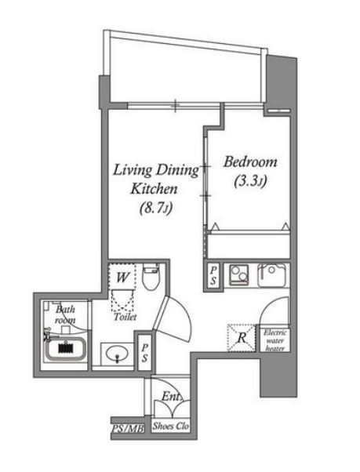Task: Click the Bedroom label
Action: (250, 162)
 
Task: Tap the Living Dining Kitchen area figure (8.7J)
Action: (156, 209)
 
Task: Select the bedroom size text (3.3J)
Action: (250, 181)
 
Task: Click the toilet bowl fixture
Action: (151, 276)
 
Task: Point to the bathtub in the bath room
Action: (66, 349)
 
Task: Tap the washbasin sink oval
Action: (117, 354)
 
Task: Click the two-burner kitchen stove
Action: (239, 274)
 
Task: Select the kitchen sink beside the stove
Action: (272, 275)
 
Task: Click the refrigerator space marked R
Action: (242, 337)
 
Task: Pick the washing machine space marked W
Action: (122, 278)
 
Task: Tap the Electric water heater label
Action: (275, 340)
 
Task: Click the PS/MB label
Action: (128, 428)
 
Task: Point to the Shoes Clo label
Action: (171, 426)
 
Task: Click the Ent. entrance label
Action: (171, 397)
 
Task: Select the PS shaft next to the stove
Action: (213, 276)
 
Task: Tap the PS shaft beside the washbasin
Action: (145, 353)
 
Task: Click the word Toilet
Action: (125, 317)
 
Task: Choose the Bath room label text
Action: (65, 314)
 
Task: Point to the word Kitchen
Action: (154, 189)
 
